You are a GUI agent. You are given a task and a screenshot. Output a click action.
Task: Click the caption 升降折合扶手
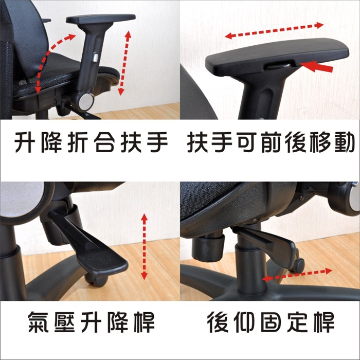tap(91, 142)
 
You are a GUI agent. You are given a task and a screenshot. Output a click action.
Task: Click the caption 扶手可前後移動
tap(271, 142)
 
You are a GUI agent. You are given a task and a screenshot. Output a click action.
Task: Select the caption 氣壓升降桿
tap(91, 322)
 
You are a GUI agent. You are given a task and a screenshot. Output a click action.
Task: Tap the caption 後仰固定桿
tap(271, 322)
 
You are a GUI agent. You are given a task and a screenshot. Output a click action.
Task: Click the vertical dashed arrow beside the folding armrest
tap(124, 63)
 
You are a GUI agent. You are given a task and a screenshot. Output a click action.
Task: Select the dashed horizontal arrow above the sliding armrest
tap(274, 30)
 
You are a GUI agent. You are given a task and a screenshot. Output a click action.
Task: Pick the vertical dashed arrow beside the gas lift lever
tap(144, 246)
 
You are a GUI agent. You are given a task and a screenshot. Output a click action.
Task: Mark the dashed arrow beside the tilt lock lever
tap(297, 275)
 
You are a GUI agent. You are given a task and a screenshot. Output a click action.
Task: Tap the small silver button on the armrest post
tap(95, 58)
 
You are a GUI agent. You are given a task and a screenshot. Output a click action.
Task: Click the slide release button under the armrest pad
tap(278, 66)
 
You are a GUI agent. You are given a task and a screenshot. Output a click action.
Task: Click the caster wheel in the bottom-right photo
tap(298, 264)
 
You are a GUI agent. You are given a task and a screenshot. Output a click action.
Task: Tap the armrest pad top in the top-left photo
tap(101, 19)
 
